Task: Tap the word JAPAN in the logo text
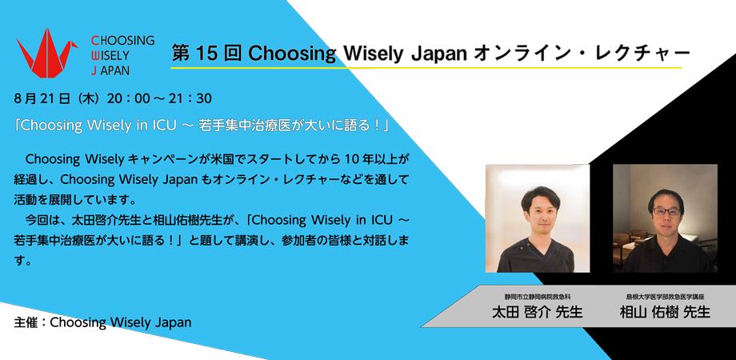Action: point(116,70)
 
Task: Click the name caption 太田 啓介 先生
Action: point(537,312)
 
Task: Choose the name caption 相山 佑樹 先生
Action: point(665,312)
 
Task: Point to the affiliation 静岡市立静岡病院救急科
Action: point(537,296)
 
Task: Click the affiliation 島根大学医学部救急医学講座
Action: point(665,296)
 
